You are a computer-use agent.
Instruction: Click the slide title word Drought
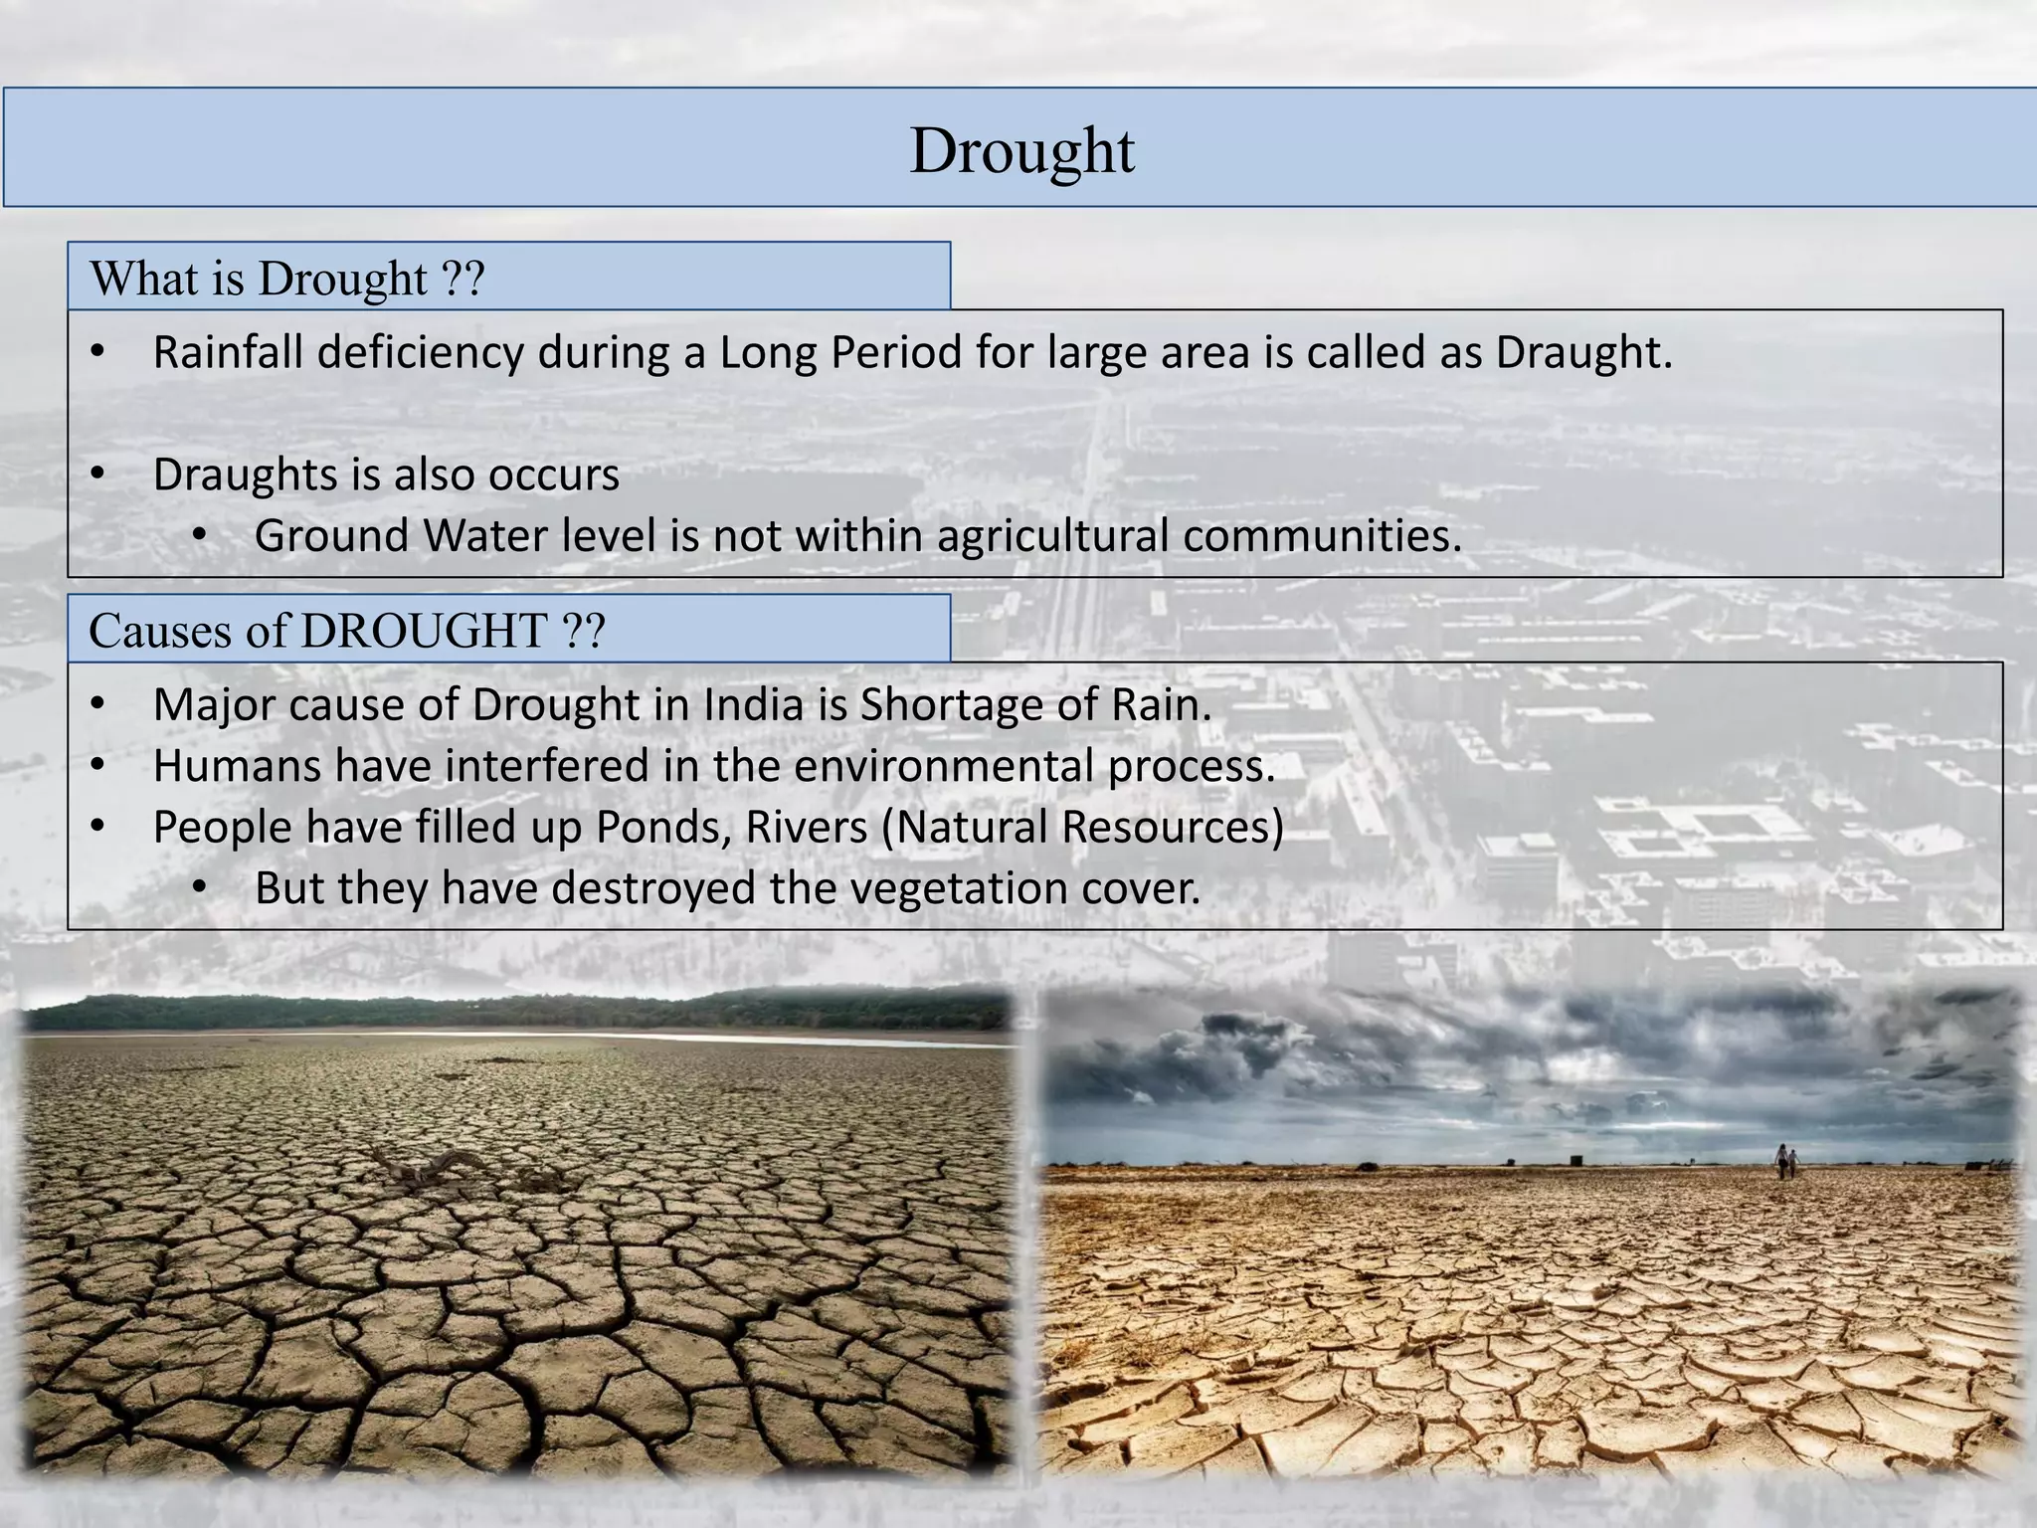1021,151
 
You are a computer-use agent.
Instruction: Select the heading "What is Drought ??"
286,279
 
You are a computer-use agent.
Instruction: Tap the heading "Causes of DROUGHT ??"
346,631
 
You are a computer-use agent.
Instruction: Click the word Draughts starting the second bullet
245,475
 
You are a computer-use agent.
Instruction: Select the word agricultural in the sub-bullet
1052,536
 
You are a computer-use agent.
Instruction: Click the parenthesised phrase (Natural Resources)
1082,828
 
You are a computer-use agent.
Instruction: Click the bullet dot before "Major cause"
96,705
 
